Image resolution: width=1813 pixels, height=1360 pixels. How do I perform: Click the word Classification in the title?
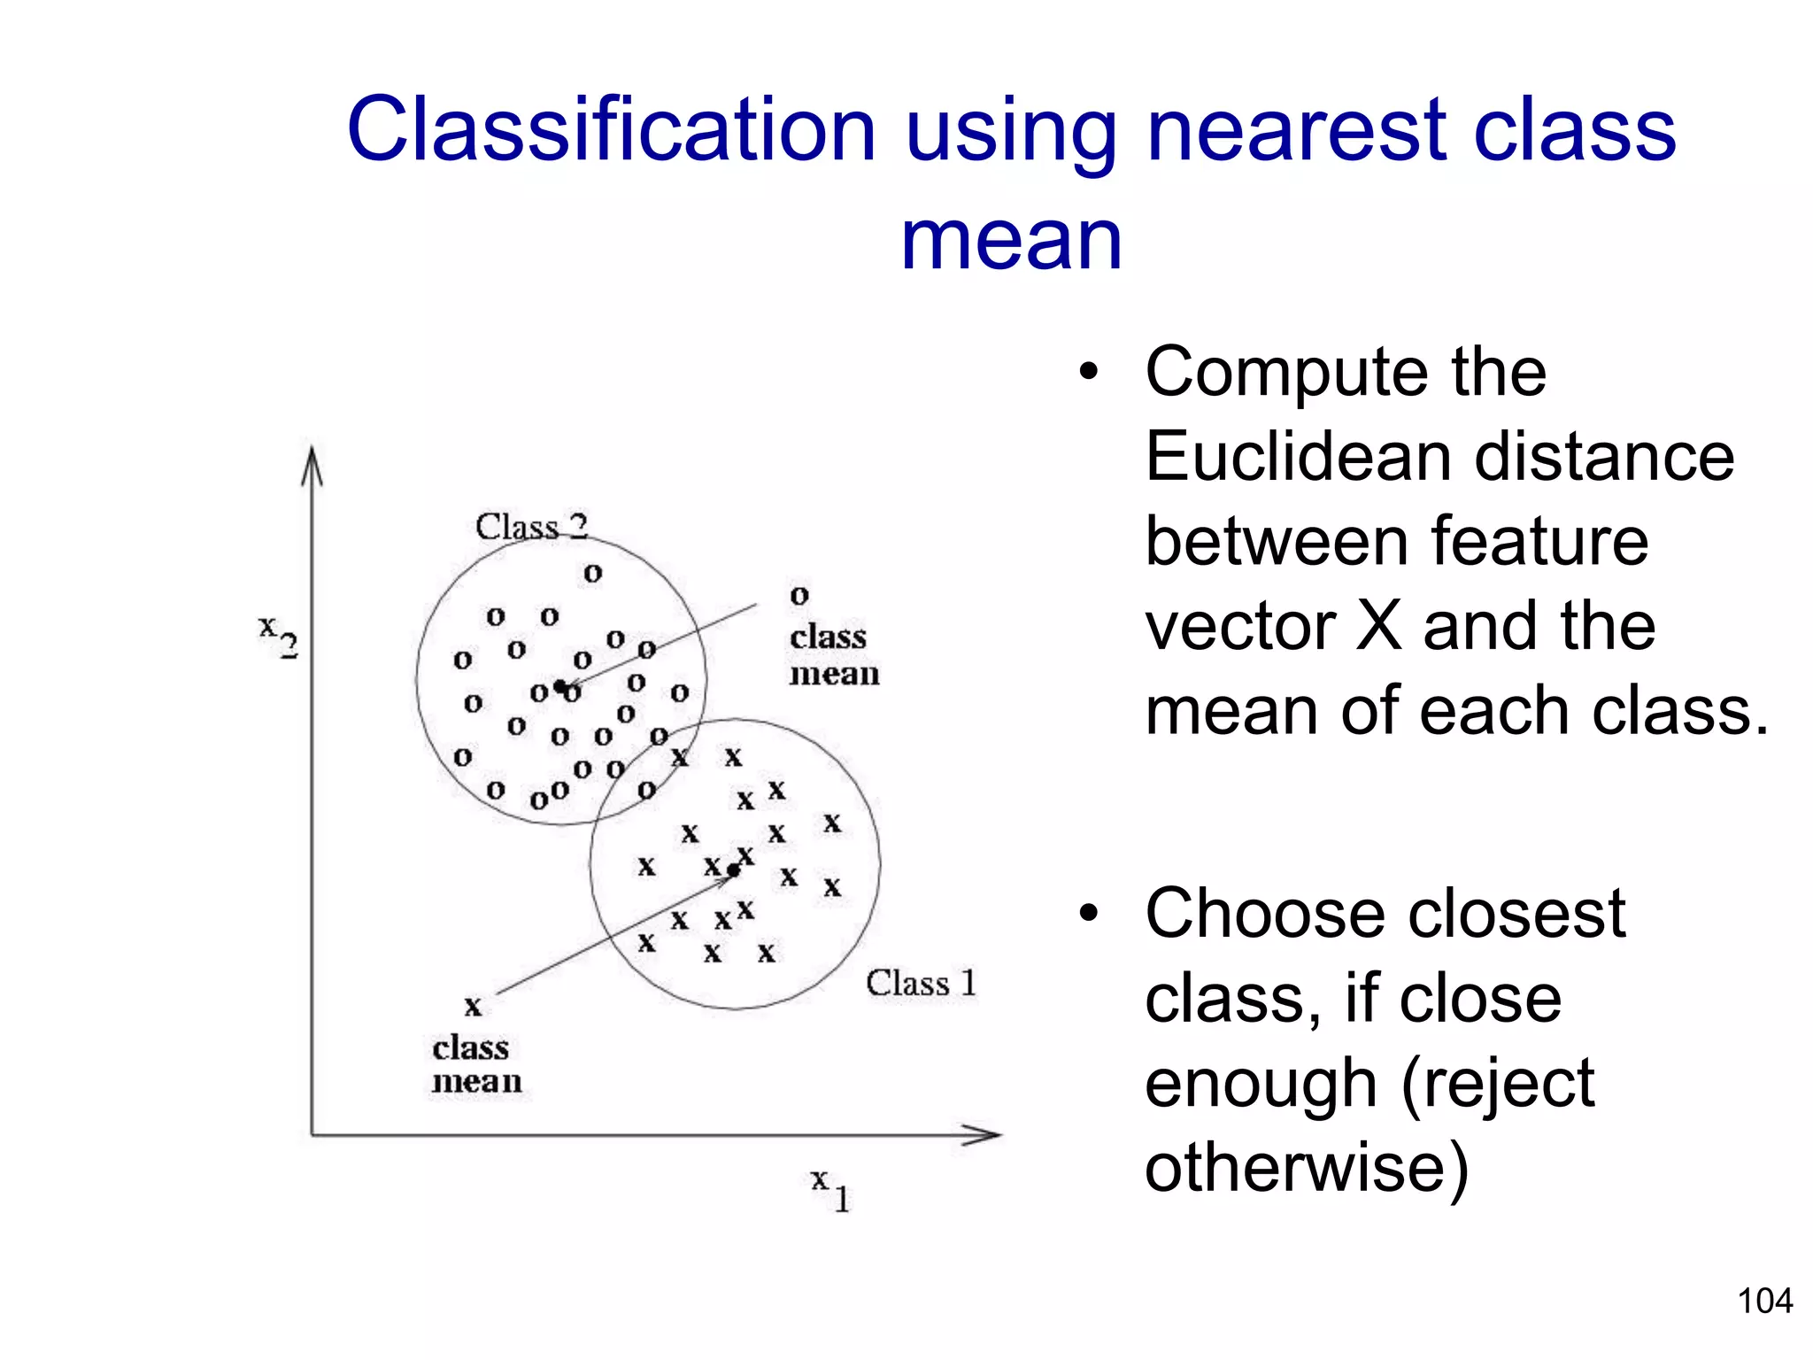click(611, 131)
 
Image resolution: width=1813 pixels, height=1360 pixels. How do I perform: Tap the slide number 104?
click(1764, 1301)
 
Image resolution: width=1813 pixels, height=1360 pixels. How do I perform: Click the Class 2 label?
click(531, 527)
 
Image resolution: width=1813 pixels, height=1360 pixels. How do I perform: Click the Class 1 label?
click(921, 983)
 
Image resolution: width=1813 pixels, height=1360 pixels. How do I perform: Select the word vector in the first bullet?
click(1239, 627)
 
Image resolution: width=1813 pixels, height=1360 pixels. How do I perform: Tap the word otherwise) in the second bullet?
click(1307, 1167)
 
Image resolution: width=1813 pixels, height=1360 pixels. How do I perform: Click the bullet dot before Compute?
click(1088, 372)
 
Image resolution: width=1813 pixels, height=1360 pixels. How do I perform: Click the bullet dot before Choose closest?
click(1088, 913)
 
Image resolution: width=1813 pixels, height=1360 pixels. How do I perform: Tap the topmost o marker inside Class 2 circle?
click(593, 574)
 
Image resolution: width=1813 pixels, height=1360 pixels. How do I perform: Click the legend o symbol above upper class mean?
click(799, 596)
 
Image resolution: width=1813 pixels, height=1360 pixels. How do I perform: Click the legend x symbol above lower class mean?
click(473, 1007)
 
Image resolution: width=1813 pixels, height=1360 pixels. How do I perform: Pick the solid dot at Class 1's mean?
click(733, 871)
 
